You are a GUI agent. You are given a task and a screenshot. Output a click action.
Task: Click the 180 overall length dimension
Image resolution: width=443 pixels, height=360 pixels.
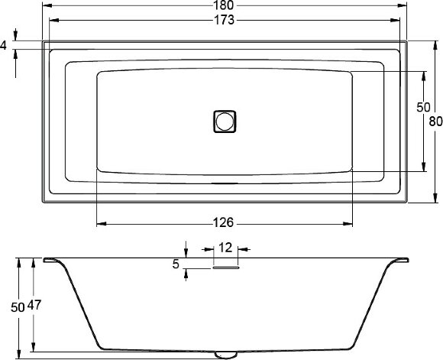pos(225,5)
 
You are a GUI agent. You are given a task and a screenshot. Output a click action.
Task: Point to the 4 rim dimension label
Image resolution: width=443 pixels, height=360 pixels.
pos(4,46)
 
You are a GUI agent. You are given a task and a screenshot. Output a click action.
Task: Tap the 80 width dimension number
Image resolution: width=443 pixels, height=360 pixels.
pos(435,121)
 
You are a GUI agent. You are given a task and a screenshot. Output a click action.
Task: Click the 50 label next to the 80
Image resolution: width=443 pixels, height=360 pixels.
pos(423,108)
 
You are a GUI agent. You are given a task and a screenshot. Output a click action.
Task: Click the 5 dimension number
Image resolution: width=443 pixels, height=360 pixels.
pos(176,264)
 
